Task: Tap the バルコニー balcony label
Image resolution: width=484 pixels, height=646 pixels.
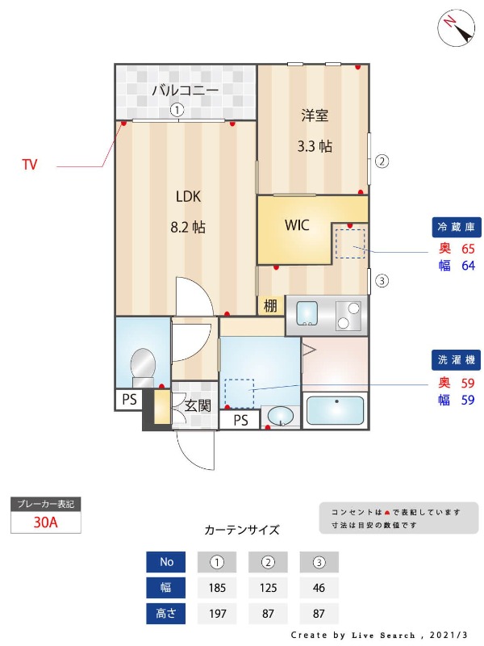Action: pos(186,90)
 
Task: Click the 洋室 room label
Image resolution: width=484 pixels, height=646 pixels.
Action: pos(314,115)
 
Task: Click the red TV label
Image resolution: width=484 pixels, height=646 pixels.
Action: pos(30,165)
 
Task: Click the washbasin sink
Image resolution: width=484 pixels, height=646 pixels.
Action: pos(280,417)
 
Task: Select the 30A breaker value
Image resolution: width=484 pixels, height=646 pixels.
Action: pos(46,522)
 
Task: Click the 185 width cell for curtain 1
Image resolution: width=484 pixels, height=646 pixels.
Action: pos(216,587)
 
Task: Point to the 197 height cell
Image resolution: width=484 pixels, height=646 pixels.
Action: pos(216,613)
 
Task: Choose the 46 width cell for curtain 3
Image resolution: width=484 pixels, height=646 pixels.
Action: pos(318,587)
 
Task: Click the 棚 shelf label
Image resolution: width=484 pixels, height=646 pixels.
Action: pos(270,306)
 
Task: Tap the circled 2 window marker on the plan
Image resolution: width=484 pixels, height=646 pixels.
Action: pos(382,161)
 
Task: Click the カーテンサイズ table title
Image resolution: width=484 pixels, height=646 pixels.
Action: pos(242,531)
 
